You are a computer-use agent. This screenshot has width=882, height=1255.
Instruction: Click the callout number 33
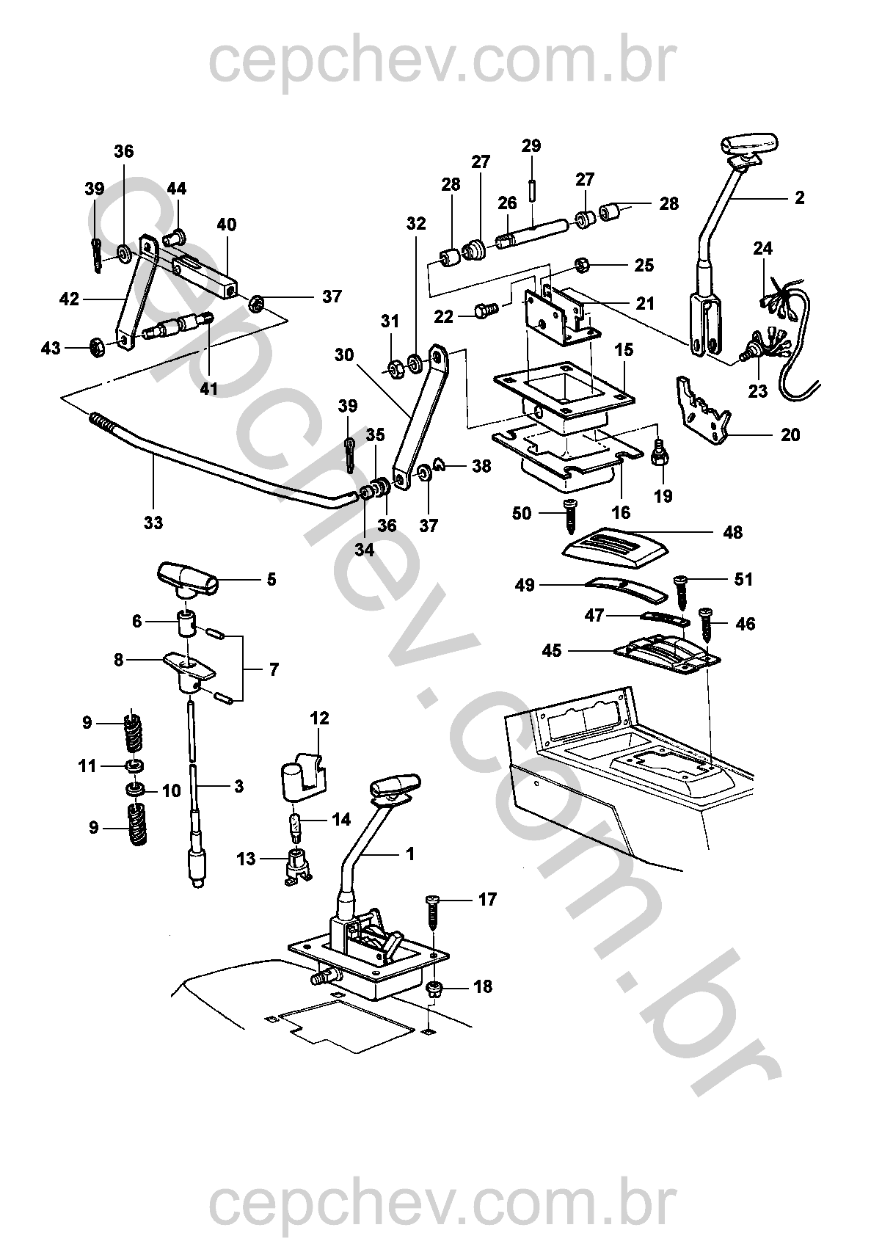click(x=153, y=523)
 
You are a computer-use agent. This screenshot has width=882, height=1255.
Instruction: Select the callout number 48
click(x=732, y=532)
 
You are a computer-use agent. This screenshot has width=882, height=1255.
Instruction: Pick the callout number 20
click(x=790, y=434)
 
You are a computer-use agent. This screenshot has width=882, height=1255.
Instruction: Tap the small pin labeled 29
click(x=531, y=182)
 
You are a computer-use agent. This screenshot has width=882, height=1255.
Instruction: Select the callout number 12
click(x=320, y=719)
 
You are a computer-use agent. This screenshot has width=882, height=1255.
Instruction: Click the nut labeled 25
click(x=580, y=264)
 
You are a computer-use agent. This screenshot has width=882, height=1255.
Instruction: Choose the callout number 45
click(x=552, y=650)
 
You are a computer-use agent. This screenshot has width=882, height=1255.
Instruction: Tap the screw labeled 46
click(x=709, y=623)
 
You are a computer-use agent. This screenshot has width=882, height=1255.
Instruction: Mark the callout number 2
click(x=799, y=197)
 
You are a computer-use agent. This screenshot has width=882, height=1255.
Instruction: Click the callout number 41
click(x=209, y=388)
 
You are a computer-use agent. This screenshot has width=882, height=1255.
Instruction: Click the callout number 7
click(x=274, y=669)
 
